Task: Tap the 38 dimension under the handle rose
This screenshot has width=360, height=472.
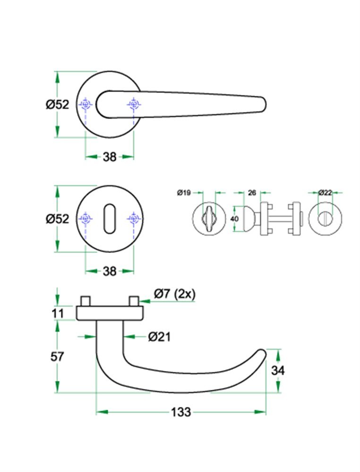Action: tap(110, 157)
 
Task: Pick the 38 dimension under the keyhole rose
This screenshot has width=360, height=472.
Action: tap(110, 271)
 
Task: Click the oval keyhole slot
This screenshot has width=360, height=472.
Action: tap(109, 219)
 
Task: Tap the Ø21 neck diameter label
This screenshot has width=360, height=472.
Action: tap(159, 337)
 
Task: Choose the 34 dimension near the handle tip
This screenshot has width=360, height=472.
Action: tap(278, 371)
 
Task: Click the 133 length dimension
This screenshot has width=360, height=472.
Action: tap(181, 412)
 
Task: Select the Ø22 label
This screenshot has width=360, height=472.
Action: tap(325, 193)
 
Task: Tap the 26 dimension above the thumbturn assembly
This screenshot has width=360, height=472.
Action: tap(252, 193)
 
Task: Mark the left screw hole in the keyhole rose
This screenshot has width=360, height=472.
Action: tap(86, 219)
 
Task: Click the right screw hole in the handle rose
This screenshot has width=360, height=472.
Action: tap(134, 104)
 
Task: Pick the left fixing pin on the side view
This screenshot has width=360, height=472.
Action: tap(86, 301)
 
